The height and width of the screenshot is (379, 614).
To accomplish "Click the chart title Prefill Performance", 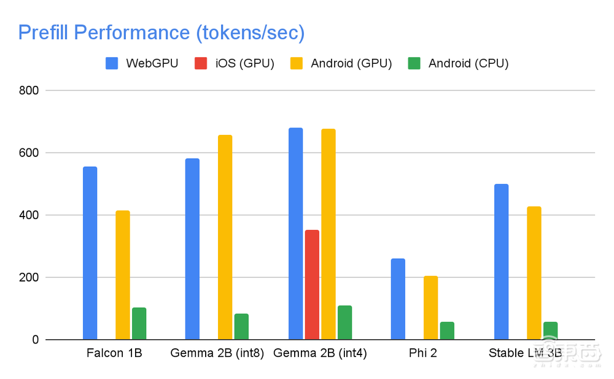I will [161, 33].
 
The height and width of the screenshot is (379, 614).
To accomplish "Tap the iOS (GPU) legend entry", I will [234, 63].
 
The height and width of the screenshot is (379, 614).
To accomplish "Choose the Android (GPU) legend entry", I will [341, 63].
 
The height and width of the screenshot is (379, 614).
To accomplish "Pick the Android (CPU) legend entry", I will [458, 63].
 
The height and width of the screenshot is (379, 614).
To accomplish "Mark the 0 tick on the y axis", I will [36, 340].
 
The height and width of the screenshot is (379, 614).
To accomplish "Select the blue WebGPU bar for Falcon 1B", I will [90, 253].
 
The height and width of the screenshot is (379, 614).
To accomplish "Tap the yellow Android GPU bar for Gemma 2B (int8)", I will [225, 237].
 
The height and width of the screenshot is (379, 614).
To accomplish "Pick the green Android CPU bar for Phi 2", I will [447, 331].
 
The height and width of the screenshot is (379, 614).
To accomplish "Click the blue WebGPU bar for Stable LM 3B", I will [501, 262].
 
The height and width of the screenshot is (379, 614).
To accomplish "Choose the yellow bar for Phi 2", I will [430, 308].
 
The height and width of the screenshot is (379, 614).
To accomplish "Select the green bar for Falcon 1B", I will [139, 324].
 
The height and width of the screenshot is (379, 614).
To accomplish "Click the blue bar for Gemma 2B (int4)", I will [295, 234].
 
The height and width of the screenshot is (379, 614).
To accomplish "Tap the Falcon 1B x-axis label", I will [114, 353].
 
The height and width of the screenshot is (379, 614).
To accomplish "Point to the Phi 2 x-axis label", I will [422, 353].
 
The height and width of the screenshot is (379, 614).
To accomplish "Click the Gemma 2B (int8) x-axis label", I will [217, 353].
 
